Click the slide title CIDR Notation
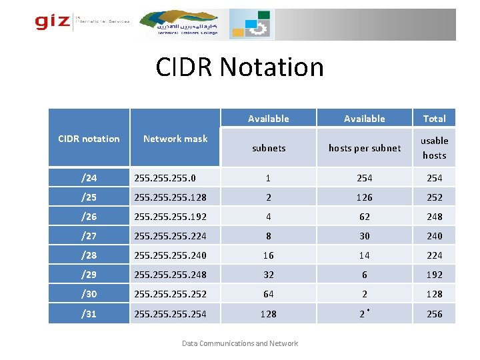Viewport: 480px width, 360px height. pyautogui.click(x=239, y=67)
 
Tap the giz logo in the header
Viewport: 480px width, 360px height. pyautogui.click(x=53, y=22)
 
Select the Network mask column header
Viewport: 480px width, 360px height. pyautogui.click(x=175, y=139)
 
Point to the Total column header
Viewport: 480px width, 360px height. pyautogui.click(x=434, y=119)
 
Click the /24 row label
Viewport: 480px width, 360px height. pyautogui.click(x=89, y=178)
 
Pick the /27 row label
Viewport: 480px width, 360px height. pyautogui.click(x=89, y=236)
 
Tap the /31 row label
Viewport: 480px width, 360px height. pyautogui.click(x=89, y=314)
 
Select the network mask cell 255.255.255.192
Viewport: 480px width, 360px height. pyautogui.click(x=171, y=217)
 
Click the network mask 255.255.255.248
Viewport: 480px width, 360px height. pyautogui.click(x=171, y=275)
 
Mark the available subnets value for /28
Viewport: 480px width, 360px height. pyautogui.click(x=268, y=255)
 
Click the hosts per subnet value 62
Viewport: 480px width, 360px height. pyautogui.click(x=364, y=217)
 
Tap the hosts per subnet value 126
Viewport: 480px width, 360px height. pyautogui.click(x=364, y=197)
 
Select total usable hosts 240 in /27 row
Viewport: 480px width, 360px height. pyautogui.click(x=434, y=236)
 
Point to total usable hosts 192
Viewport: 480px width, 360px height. pyautogui.click(x=434, y=275)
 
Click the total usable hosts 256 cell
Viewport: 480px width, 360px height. pyautogui.click(x=434, y=314)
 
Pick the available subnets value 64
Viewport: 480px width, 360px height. pyautogui.click(x=268, y=294)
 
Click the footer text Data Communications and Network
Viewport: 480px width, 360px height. pyautogui.click(x=240, y=343)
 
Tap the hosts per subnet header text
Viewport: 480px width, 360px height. pyautogui.click(x=364, y=148)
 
